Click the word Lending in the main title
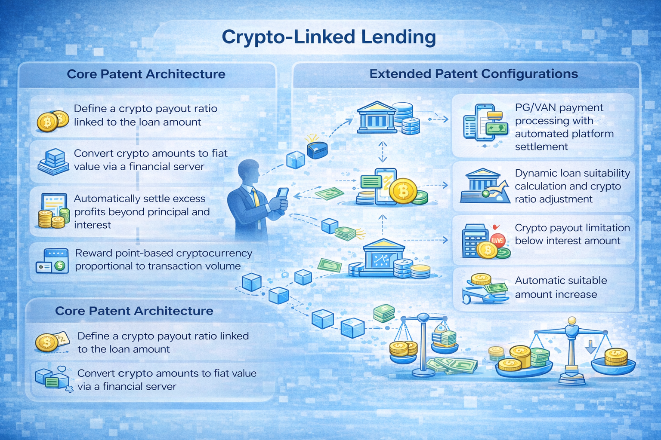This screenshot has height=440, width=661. click(x=398, y=37)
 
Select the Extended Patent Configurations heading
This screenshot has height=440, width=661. click(x=473, y=74)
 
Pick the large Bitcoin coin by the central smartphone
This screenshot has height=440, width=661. click(x=403, y=190)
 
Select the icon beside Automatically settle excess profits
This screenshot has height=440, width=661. click(x=54, y=210)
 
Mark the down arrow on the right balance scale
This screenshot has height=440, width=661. click(x=591, y=346)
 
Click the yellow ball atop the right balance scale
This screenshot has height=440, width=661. click(x=572, y=321)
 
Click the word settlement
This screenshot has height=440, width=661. click(x=541, y=147)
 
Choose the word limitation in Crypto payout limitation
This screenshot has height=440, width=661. click(x=601, y=228)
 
